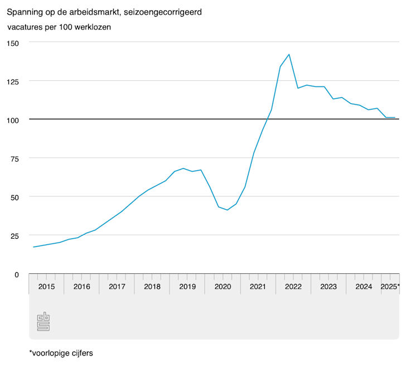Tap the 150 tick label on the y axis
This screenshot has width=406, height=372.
click(x=12, y=43)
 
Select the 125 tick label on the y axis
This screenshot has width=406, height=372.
click(x=12, y=81)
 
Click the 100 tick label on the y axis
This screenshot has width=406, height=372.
click(x=12, y=120)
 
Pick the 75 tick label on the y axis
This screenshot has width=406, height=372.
click(x=14, y=158)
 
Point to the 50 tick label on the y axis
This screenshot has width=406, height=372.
click(x=14, y=197)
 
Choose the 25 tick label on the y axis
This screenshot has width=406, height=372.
click(x=14, y=235)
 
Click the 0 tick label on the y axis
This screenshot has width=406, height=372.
click(x=17, y=274)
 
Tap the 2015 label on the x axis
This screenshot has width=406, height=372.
click(x=46, y=287)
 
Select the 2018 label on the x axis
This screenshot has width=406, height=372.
click(x=152, y=287)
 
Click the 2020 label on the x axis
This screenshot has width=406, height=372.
click(x=223, y=287)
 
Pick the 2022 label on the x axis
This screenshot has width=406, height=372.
click(x=293, y=287)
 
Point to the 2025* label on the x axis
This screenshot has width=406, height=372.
click(x=390, y=287)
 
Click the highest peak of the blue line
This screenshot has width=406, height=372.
click(x=289, y=54)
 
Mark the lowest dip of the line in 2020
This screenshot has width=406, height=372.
click(x=228, y=210)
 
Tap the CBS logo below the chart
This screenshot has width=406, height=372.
click(x=43, y=322)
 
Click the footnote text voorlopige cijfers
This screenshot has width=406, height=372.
click(x=64, y=353)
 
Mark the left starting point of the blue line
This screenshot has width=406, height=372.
click(x=33, y=247)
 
